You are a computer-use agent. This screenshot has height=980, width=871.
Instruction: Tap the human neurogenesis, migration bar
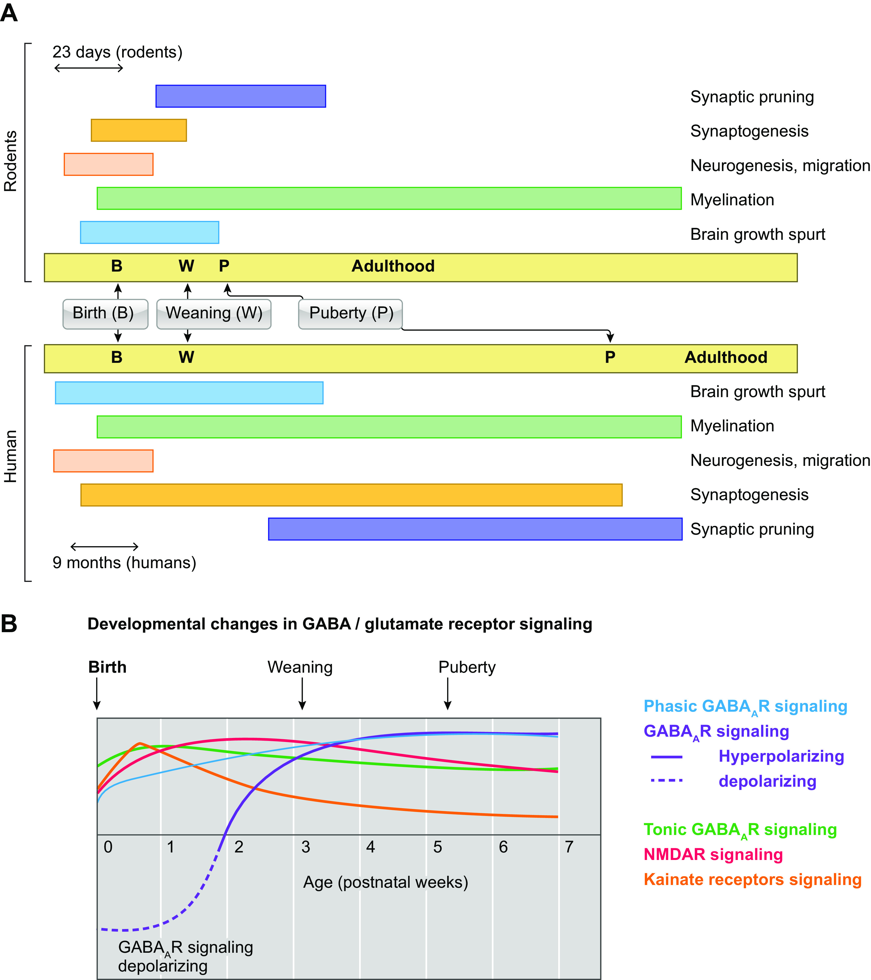coord(103,461)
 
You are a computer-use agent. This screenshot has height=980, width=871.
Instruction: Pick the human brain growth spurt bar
coord(189,393)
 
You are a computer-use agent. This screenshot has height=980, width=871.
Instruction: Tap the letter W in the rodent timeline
coord(187,266)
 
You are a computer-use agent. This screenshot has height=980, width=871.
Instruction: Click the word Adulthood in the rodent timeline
coord(393,266)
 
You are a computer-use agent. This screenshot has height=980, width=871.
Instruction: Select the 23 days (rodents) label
coord(118,52)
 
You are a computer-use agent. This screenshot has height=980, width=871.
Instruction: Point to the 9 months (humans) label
coord(124,562)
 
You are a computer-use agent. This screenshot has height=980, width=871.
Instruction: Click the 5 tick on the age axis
coord(437,847)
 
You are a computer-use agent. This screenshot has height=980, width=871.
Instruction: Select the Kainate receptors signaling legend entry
coord(752,879)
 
